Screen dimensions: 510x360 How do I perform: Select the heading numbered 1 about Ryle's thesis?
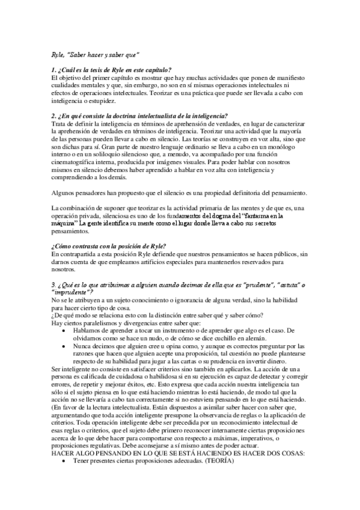pyautogui.click(x=112, y=71)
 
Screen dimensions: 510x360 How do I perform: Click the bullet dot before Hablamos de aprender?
pyautogui.click(x=63, y=331)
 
